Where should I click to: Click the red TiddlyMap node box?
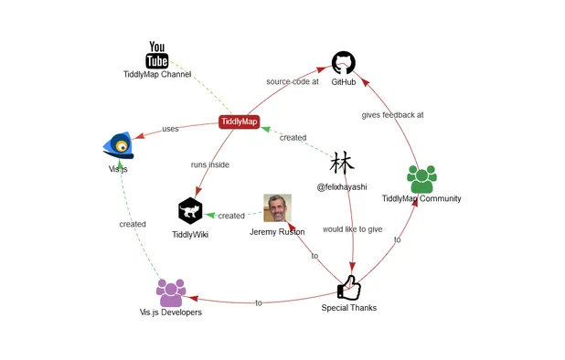tap(240, 122)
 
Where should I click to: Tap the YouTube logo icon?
tap(157, 55)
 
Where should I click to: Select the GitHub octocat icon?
tap(343, 63)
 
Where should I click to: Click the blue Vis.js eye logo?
tap(120, 144)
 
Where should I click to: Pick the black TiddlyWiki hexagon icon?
tap(190, 211)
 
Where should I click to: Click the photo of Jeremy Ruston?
tap(277, 207)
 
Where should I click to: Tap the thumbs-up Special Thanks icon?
tap(348, 288)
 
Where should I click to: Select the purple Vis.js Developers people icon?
tap(171, 292)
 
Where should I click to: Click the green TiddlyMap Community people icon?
tap(421, 178)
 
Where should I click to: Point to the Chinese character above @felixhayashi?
tap(342, 164)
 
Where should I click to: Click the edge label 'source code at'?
tap(293, 81)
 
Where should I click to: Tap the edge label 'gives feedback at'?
tap(392, 115)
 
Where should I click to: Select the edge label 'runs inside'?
tap(210, 164)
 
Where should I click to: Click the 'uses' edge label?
tap(171, 129)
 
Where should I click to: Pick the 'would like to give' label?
tap(352, 229)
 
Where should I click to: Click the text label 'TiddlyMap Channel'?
tap(157, 74)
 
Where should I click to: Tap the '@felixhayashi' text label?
tap(342, 186)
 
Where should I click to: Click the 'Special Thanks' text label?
tap(348, 308)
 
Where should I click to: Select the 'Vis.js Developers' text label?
tap(171, 312)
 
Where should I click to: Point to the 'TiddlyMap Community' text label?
tap(421, 198)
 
